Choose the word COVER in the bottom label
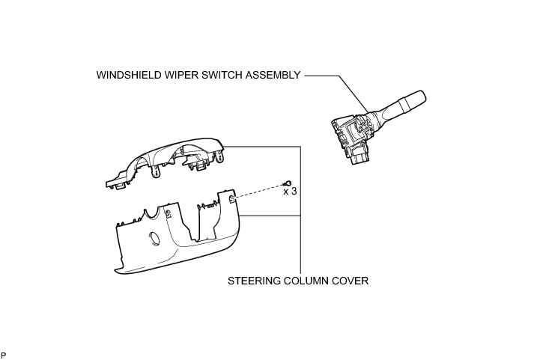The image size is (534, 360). click(352, 282)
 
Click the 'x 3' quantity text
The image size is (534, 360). click(290, 192)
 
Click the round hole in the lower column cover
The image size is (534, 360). click(156, 240)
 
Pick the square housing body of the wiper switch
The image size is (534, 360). click(352, 135)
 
